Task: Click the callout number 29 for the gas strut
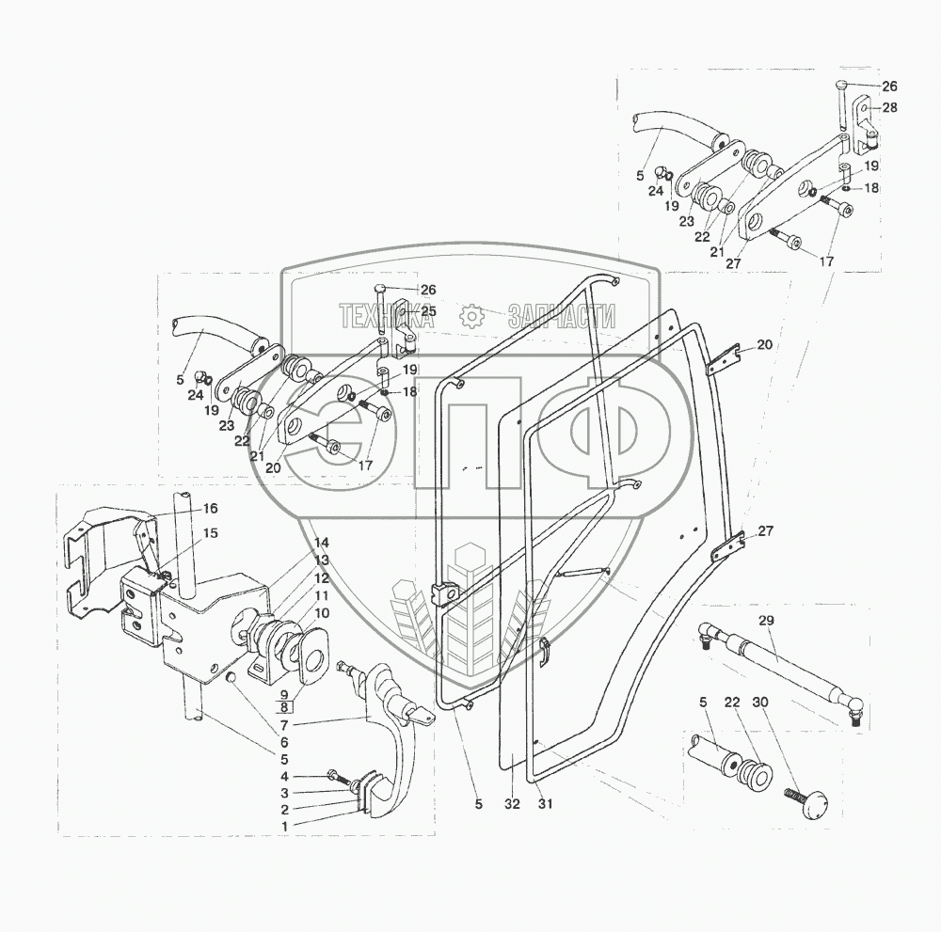[x=766, y=620]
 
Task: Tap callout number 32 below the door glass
[x=512, y=804]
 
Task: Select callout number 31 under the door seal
[x=544, y=804]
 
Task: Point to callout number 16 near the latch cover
[x=210, y=509]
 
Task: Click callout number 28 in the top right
[x=889, y=107]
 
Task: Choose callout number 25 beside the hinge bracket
[x=428, y=311]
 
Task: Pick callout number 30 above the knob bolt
[x=759, y=702]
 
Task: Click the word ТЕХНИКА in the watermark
[x=386, y=316]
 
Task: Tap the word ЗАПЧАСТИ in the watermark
[x=562, y=316]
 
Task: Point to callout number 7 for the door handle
[x=284, y=725]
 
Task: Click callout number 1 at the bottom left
[x=284, y=826]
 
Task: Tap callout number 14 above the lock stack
[x=322, y=543]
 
